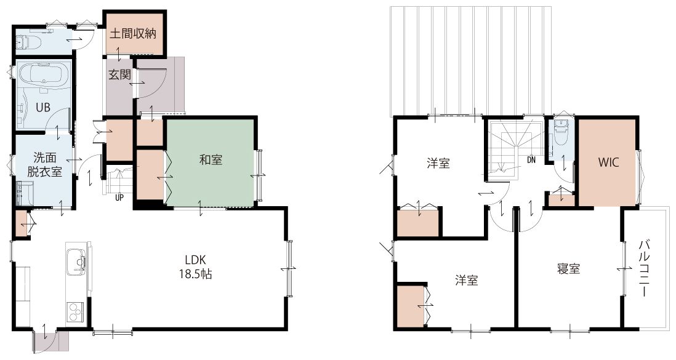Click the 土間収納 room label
[133, 34]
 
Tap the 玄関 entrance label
[119, 74]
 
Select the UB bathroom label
[42, 107]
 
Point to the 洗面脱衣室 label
[45, 165]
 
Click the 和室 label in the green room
[211, 160]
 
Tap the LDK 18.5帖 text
[195, 267]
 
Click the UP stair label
[119, 198]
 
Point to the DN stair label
[531, 160]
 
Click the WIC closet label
[608, 162]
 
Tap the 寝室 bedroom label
[569, 269]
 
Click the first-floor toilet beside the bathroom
[28, 42]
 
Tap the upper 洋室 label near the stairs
[438, 164]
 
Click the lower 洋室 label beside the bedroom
[467, 280]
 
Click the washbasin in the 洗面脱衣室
[25, 193]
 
